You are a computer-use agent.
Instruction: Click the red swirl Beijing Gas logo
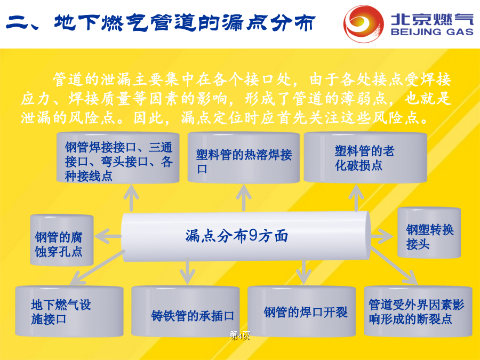click(x=363, y=23)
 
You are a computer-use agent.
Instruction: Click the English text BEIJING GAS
click(x=432, y=32)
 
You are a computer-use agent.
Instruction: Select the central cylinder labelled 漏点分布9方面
click(x=246, y=236)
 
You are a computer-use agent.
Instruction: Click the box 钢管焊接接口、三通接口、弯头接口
click(x=118, y=158)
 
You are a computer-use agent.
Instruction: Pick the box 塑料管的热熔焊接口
click(x=244, y=158)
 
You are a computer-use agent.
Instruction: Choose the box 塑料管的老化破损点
click(x=365, y=157)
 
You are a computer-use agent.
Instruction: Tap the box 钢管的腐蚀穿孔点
click(x=61, y=239)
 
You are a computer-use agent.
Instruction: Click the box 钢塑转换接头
click(x=429, y=233)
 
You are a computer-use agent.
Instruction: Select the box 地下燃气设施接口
click(x=69, y=311)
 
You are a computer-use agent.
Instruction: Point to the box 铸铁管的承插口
click(x=185, y=311)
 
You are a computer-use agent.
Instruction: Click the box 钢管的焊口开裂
click(x=301, y=311)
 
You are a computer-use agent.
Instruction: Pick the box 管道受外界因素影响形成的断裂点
click(x=418, y=311)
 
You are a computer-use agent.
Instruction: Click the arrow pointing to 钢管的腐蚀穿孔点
click(x=108, y=236)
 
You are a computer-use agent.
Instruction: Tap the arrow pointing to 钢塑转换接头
click(x=382, y=236)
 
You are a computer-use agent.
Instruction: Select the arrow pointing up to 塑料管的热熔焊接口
click(x=244, y=198)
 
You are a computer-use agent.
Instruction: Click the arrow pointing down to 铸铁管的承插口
click(x=187, y=271)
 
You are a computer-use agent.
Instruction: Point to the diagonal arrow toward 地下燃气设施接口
click(x=98, y=267)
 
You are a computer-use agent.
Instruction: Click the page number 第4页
click(x=240, y=335)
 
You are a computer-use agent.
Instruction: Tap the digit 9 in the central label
click(x=253, y=236)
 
